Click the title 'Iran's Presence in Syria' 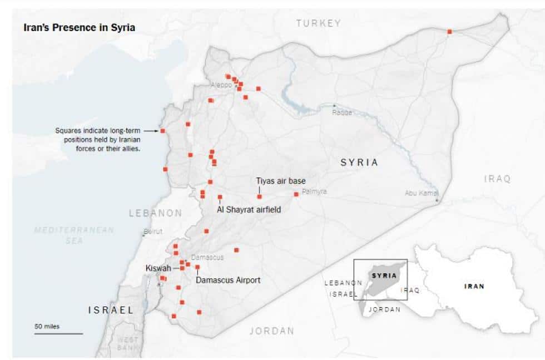[79, 27]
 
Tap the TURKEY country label [318, 23]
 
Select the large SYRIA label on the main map [359, 162]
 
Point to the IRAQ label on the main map [497, 179]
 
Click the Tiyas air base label [280, 181]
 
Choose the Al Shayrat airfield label [249, 210]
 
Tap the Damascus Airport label [228, 280]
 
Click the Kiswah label [158, 268]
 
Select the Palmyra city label [314, 192]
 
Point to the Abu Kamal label [421, 193]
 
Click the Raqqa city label [342, 112]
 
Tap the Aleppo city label [221, 85]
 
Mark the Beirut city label [153, 231]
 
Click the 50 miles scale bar [58, 333]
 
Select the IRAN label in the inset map [474, 287]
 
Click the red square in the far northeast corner [449, 32]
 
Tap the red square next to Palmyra [296, 194]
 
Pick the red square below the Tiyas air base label [259, 196]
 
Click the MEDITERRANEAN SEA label [74, 235]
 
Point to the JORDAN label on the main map [271, 331]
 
